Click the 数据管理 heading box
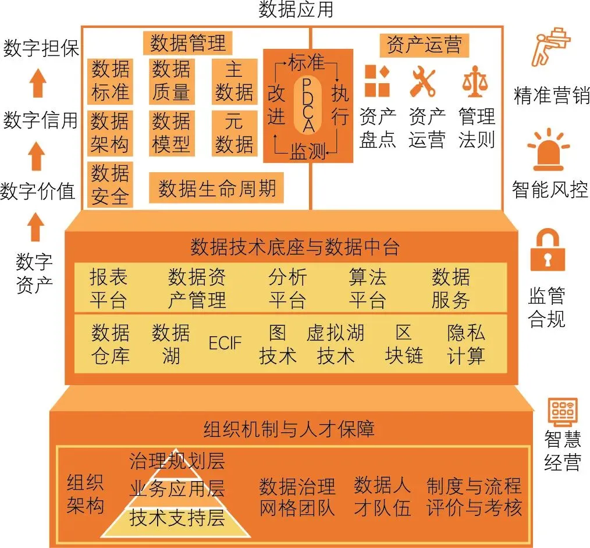[187, 43]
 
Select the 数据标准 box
[110, 81]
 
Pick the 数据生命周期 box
[216, 188]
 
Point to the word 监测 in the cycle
[307, 152]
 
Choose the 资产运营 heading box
[424, 45]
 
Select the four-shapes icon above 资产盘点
[376, 81]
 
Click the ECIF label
[225, 343]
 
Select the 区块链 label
[404, 344]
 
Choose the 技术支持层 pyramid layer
[177, 519]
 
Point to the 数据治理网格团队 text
[297, 497]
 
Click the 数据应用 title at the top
[296, 10]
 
